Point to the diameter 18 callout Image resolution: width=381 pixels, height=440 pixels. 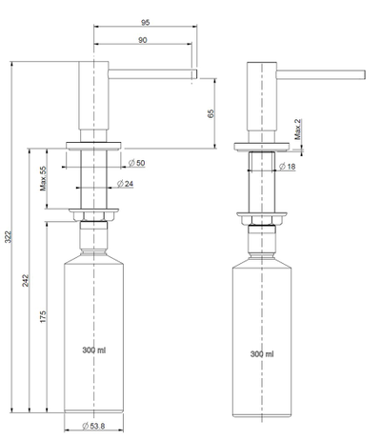point(288,166)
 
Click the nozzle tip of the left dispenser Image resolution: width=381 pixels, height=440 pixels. point(193,72)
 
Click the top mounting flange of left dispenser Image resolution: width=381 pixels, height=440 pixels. point(93,147)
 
